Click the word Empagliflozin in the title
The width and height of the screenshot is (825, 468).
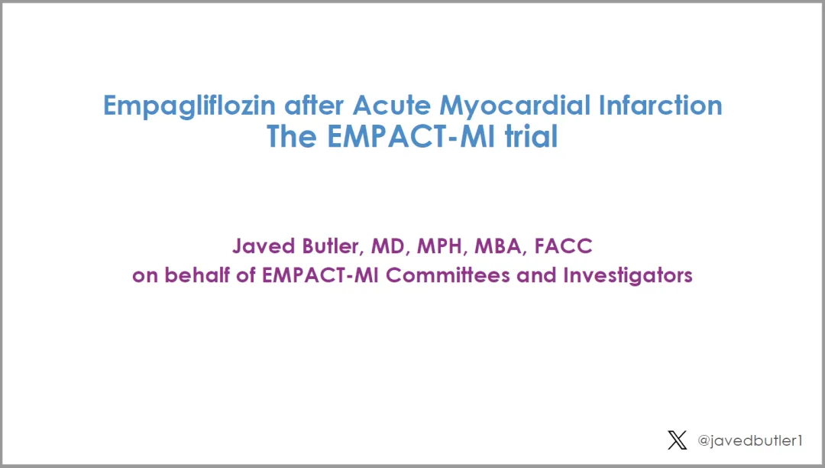(189, 106)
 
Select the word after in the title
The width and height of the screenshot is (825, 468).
(314, 106)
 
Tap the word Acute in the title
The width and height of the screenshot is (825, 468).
(391, 106)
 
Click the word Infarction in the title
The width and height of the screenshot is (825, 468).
(660, 106)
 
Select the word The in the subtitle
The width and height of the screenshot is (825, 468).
(292, 136)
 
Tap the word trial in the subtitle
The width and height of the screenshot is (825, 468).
(531, 136)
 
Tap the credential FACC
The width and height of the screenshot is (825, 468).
(564, 246)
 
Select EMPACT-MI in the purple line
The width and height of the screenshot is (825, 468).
(320, 275)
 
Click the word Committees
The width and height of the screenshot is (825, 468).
(448, 275)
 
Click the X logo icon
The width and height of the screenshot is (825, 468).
(677, 440)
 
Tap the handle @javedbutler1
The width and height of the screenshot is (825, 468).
(750, 440)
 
